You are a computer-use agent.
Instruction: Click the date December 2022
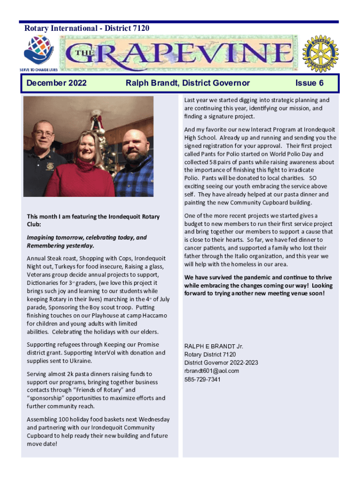click(57, 83)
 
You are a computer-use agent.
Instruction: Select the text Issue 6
click(310, 83)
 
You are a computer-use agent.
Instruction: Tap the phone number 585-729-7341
click(202, 379)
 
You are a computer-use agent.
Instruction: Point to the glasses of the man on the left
click(44, 133)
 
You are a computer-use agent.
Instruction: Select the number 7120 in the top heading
click(141, 29)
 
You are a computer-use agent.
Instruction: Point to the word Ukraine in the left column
click(80, 361)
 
